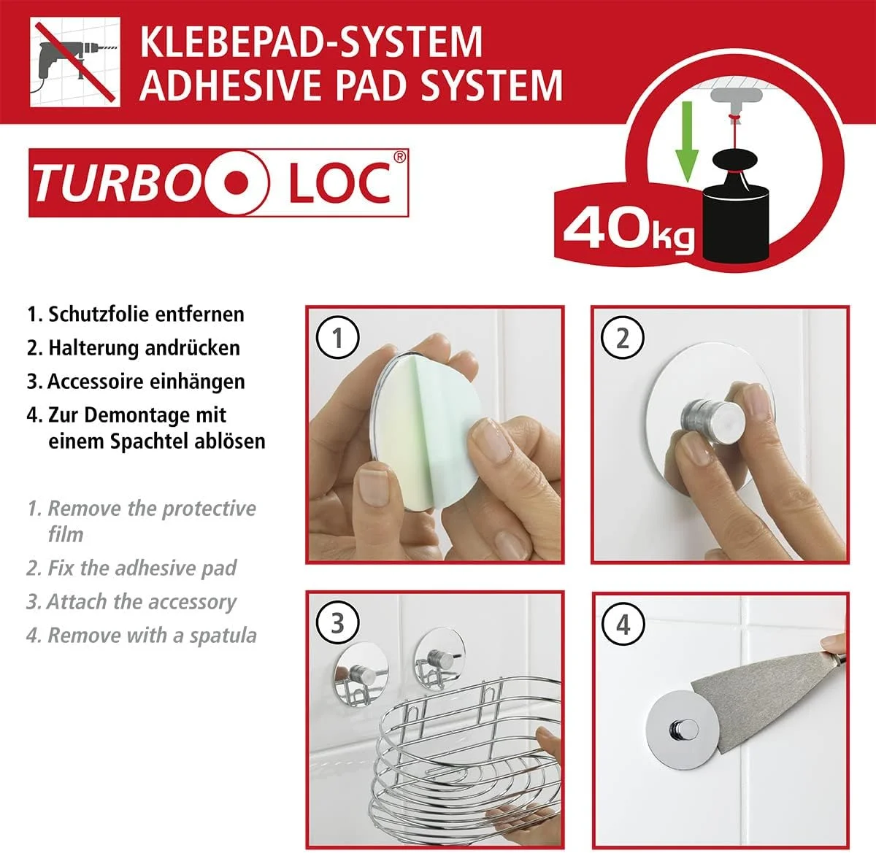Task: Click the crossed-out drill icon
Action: [74, 62]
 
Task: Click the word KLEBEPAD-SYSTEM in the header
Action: [310, 41]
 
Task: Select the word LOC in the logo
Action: [339, 183]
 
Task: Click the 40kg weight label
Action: [629, 229]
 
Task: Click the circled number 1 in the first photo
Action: [337, 338]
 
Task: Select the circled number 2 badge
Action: [623, 338]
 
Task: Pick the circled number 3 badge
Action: [337, 623]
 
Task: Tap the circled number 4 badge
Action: [623, 624]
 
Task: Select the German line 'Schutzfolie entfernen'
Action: [145, 314]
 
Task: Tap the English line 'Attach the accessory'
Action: [141, 602]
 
